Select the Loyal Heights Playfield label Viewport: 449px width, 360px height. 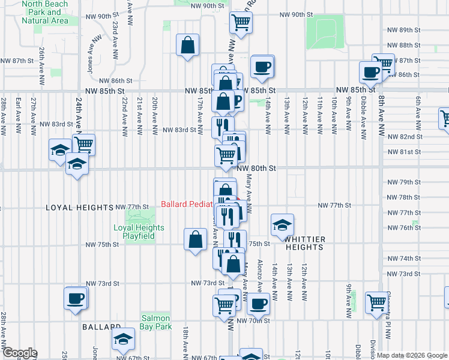(x=139, y=232)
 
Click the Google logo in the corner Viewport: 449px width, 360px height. (x=20, y=353)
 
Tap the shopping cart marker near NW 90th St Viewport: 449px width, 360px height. (x=241, y=23)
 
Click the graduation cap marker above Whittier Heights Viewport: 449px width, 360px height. (x=282, y=226)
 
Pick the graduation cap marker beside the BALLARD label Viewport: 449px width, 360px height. (x=123, y=340)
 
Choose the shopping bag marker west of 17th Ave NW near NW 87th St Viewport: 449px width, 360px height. (x=188, y=45)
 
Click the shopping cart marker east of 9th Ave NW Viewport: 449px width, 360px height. (x=377, y=302)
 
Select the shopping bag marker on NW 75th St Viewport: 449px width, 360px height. (x=196, y=240)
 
